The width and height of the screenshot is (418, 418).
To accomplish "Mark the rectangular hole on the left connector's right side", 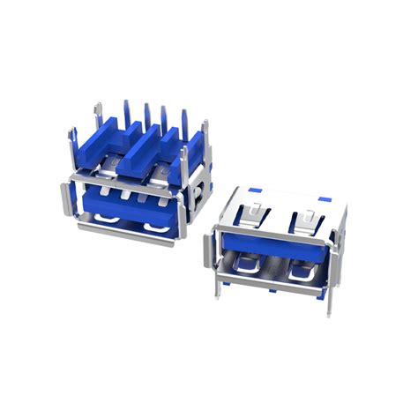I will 205,190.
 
